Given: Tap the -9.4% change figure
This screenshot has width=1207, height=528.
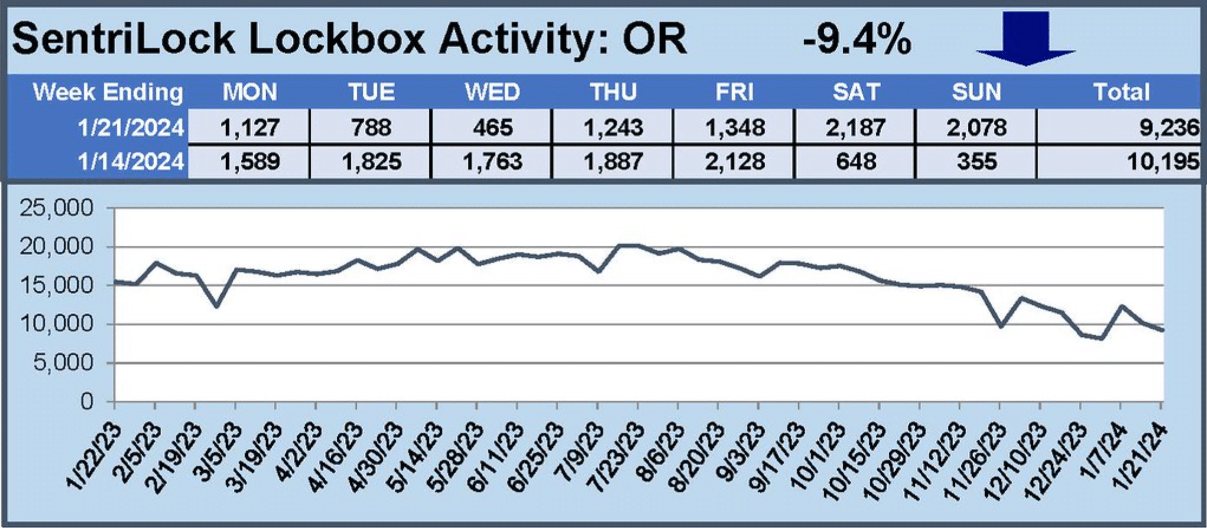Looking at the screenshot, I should [x=857, y=40].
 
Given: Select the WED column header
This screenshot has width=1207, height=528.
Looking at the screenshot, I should [x=492, y=92].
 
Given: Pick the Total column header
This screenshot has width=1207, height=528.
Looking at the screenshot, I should [x=1121, y=92].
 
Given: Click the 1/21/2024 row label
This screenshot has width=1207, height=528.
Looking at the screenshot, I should [x=131, y=128].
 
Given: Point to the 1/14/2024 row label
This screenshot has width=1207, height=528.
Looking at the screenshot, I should [x=131, y=161].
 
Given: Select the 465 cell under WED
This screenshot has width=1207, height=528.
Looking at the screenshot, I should [x=492, y=128].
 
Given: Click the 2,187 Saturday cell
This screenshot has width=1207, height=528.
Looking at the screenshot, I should [x=856, y=128].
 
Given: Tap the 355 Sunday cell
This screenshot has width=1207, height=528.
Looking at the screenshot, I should [x=977, y=161].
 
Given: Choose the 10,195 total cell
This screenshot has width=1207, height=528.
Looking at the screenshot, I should [x=1163, y=161].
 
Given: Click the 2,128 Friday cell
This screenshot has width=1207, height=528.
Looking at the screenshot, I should [x=735, y=161].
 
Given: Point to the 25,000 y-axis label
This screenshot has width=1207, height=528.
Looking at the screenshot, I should [x=57, y=208].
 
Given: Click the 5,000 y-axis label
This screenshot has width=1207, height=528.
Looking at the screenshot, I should [x=63, y=363].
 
